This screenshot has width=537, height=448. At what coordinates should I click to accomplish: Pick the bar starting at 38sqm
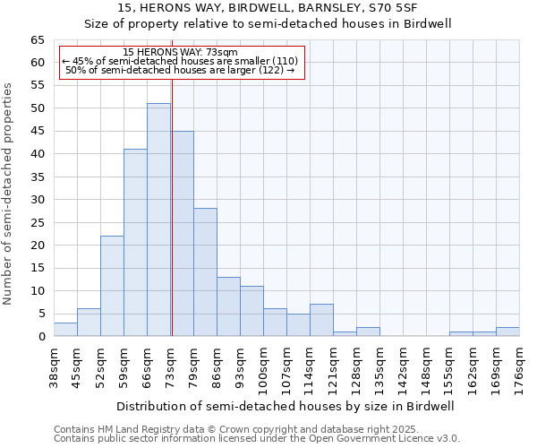[x=65, y=330]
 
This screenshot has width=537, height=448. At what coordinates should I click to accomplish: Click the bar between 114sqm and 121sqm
[x=321, y=321]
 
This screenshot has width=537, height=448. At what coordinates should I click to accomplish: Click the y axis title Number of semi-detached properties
[x=8, y=194]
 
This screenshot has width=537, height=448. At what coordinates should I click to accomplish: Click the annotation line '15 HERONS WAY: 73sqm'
[x=181, y=53]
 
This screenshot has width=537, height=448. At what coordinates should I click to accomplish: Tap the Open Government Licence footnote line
[x=257, y=438]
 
